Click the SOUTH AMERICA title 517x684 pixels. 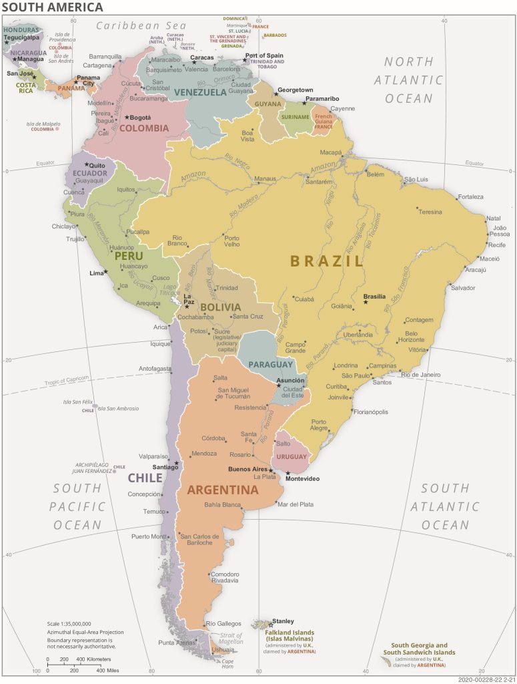(52, 7)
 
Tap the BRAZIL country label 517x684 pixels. (327, 261)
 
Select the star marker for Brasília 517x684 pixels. (366, 303)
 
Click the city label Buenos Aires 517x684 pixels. (247, 469)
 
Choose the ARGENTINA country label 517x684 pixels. (222, 490)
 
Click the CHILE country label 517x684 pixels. (145, 478)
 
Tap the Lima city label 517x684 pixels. (96, 273)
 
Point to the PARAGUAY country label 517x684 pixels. (270, 365)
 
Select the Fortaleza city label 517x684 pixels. (470, 196)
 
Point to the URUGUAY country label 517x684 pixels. (292, 457)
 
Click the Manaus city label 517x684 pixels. (265, 179)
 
